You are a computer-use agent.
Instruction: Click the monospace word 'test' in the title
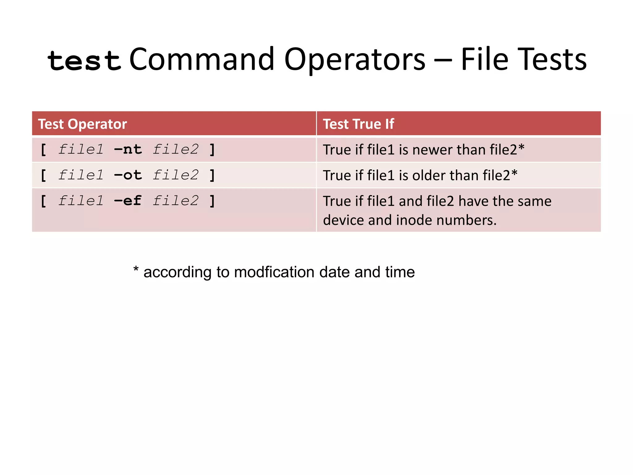[84, 60]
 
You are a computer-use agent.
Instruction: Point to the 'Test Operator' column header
[83, 124]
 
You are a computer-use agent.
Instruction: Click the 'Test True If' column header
[359, 124]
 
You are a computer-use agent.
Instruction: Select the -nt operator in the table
[128, 150]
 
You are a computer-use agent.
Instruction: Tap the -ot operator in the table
[128, 175]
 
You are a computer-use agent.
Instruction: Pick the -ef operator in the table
[128, 201]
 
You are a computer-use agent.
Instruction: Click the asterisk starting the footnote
[136, 269]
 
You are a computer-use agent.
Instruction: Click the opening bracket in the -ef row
[44, 201]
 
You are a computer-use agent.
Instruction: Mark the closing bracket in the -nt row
[212, 150]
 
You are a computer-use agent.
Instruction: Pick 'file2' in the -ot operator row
[176, 175]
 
